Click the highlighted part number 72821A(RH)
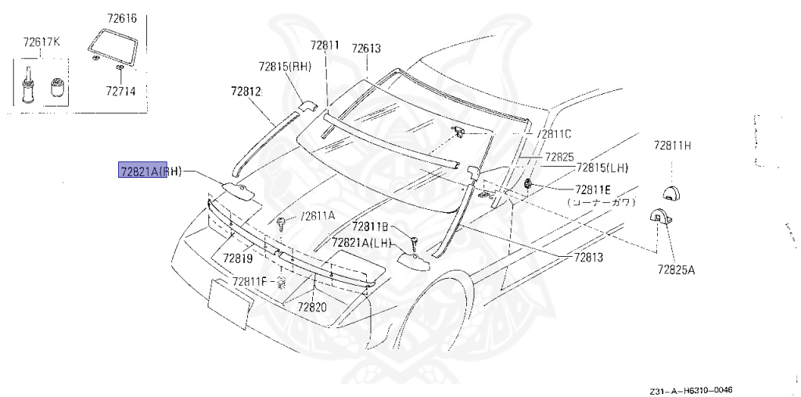[x=149, y=171]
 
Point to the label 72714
[x=120, y=91]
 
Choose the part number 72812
[x=245, y=92]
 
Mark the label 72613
[x=366, y=49]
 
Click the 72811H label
[x=673, y=146]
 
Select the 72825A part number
[x=675, y=269]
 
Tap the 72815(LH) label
[x=602, y=168]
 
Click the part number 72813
[x=589, y=257]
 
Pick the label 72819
[x=237, y=258]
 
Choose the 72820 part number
[x=311, y=306]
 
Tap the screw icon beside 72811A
[x=282, y=223]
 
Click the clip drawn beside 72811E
[x=530, y=185]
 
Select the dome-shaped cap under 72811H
[x=671, y=193]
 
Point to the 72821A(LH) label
[x=361, y=243]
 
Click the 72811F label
[x=250, y=281]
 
